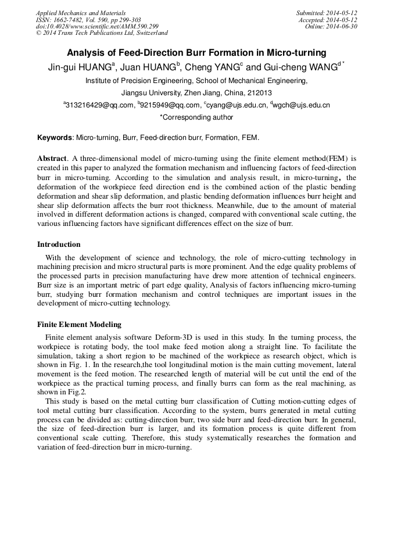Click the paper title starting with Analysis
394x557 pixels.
tap(196, 53)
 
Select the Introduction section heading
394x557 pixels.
tap(59, 245)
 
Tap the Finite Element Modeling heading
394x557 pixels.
tap(79, 325)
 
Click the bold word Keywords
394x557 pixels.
tap(55, 138)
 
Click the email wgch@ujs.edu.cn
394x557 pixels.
tap(302, 105)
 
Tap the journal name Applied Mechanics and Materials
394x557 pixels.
tap(81, 13)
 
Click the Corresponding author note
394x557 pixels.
tap(196, 117)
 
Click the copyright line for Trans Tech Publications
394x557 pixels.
tap(102, 33)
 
